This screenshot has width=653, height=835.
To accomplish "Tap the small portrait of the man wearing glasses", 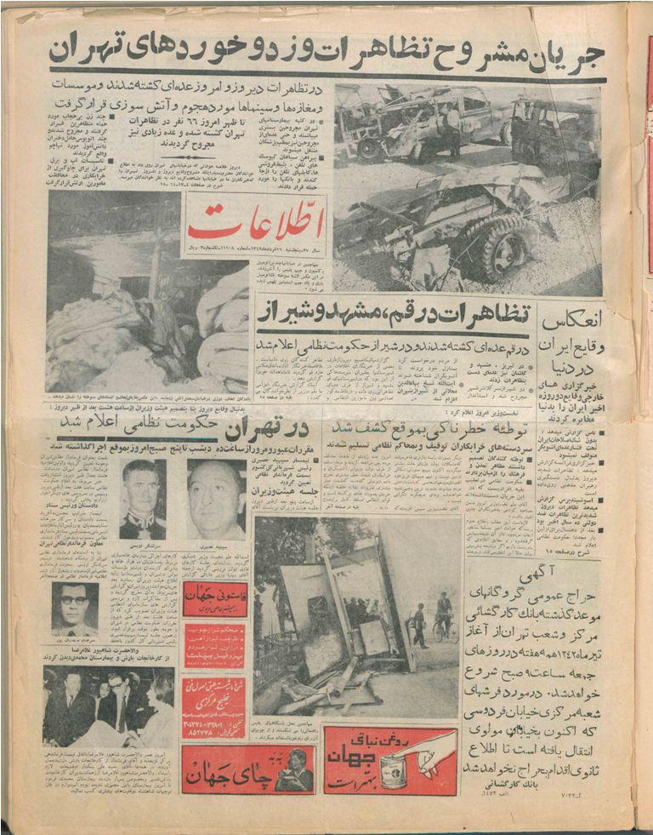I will tap(75, 606).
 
